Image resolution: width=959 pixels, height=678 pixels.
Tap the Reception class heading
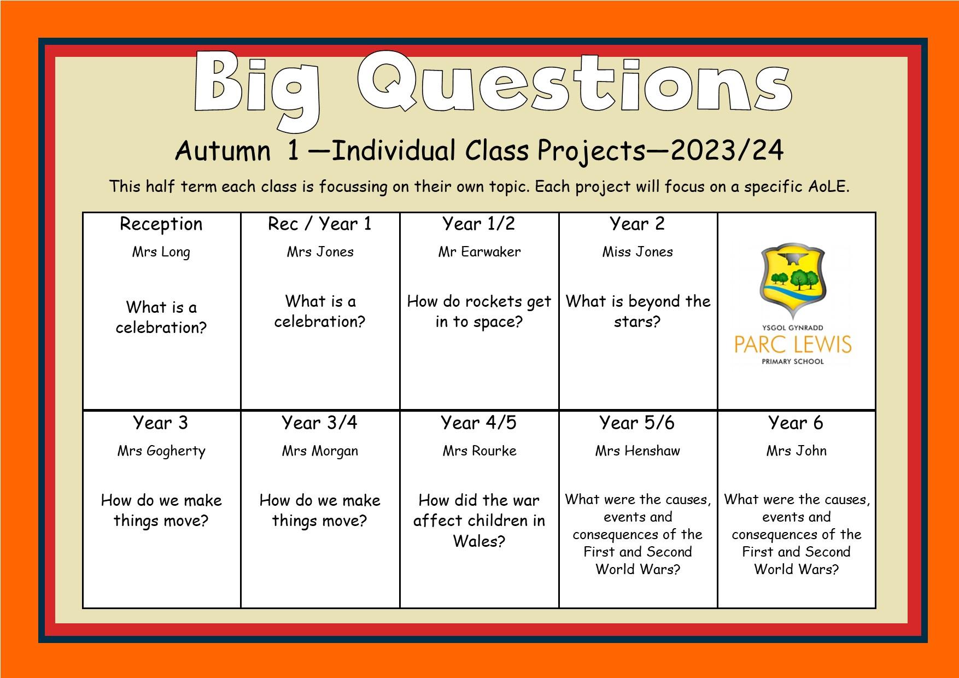tap(161, 224)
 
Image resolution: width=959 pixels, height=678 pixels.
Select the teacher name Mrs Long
tap(161, 253)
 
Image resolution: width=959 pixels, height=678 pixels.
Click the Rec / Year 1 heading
tap(320, 224)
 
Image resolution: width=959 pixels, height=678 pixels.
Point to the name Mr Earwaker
tap(480, 252)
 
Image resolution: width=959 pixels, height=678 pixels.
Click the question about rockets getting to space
tap(480, 312)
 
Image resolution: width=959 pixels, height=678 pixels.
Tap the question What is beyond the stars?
tap(638, 311)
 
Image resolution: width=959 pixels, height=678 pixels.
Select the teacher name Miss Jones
tap(638, 252)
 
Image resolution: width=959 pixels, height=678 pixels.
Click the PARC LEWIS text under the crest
tap(793, 344)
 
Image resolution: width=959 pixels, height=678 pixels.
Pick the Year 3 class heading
tap(160, 423)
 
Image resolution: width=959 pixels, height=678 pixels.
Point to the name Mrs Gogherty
tap(161, 452)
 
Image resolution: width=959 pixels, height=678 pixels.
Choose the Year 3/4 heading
tap(319, 423)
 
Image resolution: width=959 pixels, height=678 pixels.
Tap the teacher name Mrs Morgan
tap(320, 452)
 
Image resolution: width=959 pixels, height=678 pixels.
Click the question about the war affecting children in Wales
tap(480, 521)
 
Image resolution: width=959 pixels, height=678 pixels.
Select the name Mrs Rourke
tap(480, 451)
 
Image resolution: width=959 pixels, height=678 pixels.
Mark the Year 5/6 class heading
tap(637, 423)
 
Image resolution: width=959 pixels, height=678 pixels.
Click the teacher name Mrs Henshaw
tap(638, 451)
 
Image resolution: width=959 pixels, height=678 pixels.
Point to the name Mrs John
tap(796, 451)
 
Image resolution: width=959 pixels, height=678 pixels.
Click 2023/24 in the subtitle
tap(727, 150)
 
